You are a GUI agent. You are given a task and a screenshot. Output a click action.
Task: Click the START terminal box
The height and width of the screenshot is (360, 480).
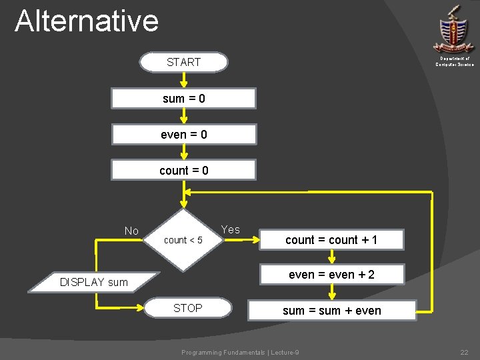point(183,62)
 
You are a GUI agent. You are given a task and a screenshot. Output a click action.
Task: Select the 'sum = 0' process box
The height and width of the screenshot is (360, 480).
point(183,99)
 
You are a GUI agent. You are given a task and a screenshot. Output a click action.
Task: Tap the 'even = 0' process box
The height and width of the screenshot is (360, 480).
point(183,135)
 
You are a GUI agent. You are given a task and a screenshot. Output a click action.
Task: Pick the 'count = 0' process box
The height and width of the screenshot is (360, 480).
point(183,170)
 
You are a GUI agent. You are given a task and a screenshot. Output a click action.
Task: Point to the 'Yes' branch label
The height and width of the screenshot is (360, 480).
point(230,229)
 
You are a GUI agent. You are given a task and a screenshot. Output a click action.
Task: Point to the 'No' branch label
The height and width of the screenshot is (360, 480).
point(131,231)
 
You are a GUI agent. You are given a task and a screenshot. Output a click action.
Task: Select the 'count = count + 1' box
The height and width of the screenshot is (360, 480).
point(331,240)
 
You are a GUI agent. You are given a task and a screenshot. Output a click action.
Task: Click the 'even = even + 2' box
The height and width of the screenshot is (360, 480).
point(331,274)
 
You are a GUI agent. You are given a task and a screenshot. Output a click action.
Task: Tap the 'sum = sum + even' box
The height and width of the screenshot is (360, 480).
point(331,310)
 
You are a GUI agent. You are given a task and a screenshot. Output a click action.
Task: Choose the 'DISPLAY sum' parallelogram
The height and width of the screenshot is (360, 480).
point(95,282)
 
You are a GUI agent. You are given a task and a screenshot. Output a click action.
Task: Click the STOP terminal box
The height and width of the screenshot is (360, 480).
point(188,308)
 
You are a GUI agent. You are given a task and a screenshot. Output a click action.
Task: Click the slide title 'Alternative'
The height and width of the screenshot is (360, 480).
point(87,21)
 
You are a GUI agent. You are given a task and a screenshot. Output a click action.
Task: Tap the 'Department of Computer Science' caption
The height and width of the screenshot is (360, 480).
point(455,61)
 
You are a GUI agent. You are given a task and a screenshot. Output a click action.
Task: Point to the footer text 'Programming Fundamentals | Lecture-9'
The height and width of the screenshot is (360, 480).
point(241,352)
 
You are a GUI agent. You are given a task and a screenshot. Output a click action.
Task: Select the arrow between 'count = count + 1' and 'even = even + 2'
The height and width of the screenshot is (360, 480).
point(332,257)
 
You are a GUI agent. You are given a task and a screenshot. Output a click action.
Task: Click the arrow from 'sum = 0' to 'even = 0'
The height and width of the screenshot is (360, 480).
point(183,116)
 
